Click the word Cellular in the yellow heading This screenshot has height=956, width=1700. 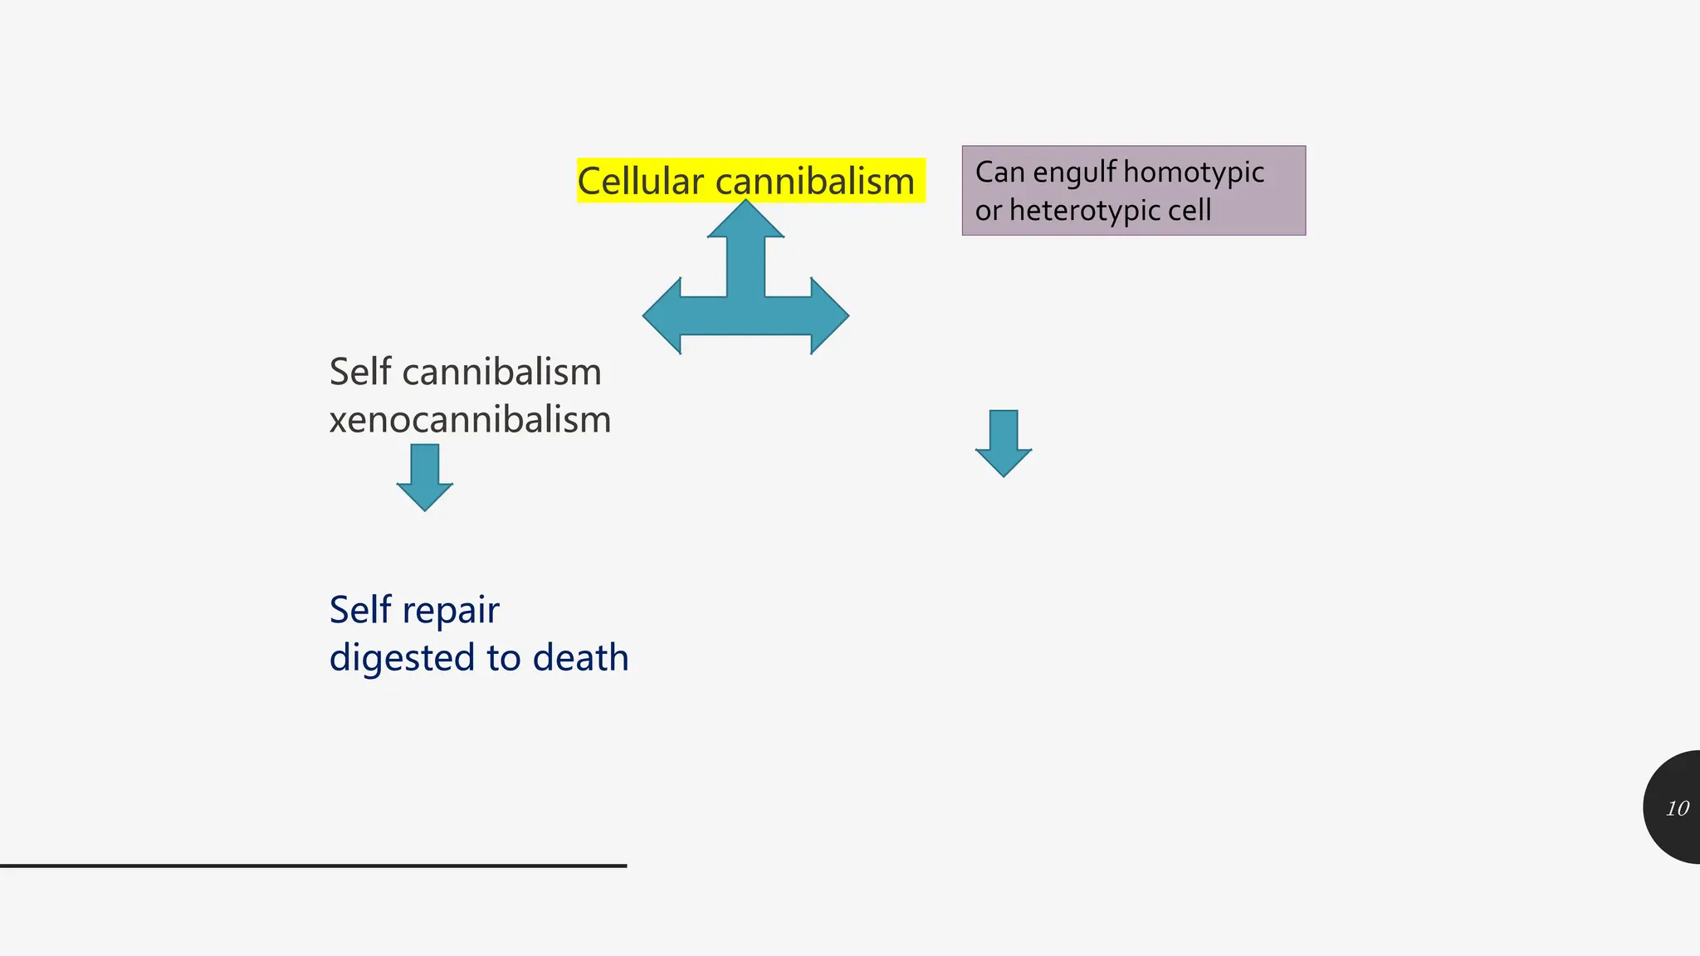tap(640, 182)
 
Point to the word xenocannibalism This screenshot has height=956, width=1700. tap(470, 420)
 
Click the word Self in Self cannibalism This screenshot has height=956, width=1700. tap(360, 372)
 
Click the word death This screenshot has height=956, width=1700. tap(580, 658)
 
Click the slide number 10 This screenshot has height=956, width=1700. tap(1677, 808)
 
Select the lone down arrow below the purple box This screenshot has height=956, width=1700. tap(1004, 444)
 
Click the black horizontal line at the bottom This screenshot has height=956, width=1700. tap(313, 866)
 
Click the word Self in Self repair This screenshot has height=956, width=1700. tap(360, 610)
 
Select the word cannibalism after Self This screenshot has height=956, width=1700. tap(501, 372)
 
